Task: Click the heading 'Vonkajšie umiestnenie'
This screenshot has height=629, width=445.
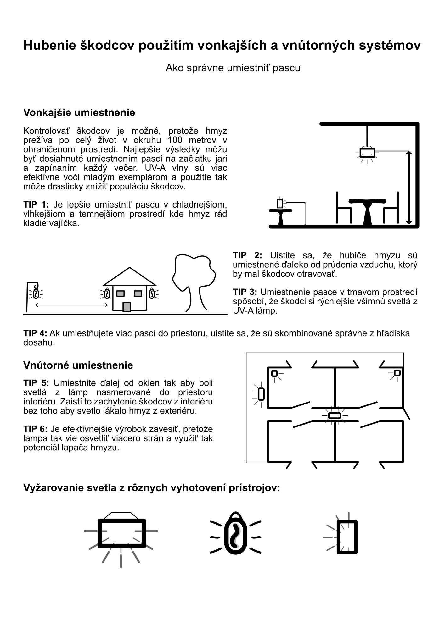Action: tap(79, 113)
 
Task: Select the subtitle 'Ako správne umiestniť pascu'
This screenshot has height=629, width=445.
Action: tap(233, 68)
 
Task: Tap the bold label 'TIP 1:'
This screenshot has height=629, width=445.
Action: tap(36, 205)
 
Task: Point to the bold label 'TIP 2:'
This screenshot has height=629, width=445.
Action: tap(247, 255)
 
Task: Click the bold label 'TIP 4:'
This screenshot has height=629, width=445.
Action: tap(35, 333)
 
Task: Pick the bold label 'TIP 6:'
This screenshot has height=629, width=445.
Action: tap(35, 429)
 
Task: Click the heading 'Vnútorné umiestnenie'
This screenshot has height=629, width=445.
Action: tap(78, 365)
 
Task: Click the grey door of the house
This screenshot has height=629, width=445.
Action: tap(127, 307)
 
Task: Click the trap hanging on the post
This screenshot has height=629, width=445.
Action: tap(36, 293)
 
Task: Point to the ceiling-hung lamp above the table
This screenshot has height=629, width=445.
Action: tap(367, 153)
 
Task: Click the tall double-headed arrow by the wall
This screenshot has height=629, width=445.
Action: tap(408, 187)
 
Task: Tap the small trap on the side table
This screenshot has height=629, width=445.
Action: tap(280, 203)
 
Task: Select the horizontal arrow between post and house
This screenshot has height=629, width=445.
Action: tap(72, 305)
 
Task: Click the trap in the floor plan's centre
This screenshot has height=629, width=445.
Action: tap(334, 415)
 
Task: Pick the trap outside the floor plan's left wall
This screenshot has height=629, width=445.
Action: tap(261, 394)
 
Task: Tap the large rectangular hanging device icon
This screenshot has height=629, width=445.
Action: tap(121, 533)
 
